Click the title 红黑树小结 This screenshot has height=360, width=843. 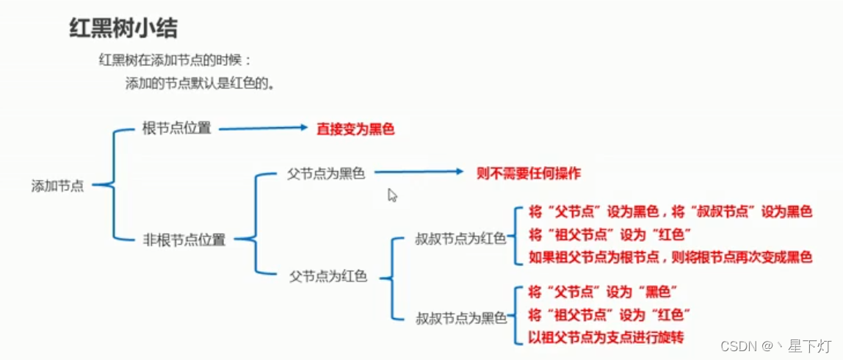coord(123,29)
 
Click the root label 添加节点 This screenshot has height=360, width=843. coord(57,186)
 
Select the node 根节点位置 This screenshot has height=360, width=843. coord(176,129)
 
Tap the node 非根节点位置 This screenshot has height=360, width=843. coord(184,240)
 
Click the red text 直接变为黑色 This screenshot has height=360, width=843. coord(355,129)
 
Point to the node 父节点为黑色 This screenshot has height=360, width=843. coord(326,174)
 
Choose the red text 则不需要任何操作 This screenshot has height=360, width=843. coord(528,174)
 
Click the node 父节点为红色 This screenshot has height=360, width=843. coord(328,277)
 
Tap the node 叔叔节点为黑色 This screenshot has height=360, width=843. coord(461,318)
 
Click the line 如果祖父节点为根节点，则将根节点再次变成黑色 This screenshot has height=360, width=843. coord(670,258)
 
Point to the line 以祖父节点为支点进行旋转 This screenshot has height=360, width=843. coord(606,338)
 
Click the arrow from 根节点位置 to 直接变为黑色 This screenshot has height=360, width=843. coord(263,129)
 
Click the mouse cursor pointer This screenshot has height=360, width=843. coord(392,195)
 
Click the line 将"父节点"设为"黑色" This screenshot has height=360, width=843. coord(601,292)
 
